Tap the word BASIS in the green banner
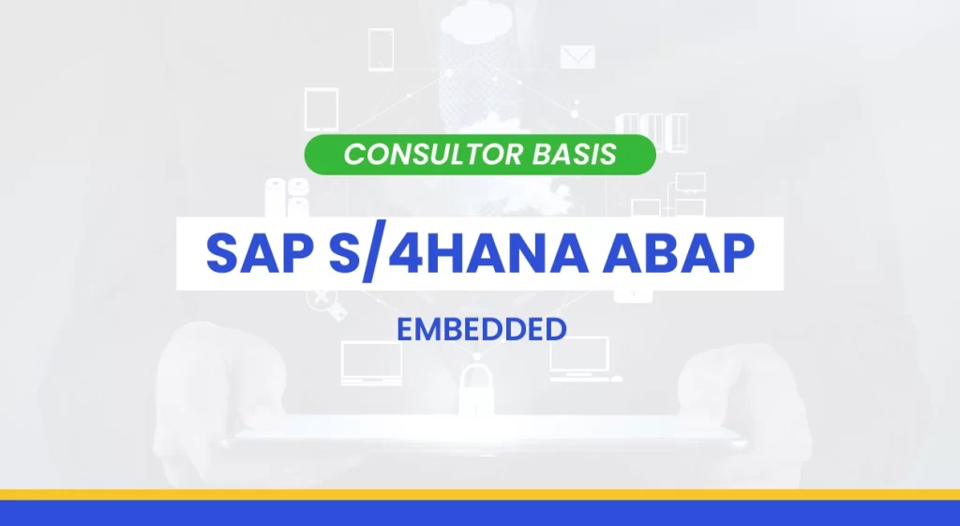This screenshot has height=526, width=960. coord(575,155)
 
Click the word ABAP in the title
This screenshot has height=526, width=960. coord(678,253)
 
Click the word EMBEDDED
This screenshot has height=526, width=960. coord(481,329)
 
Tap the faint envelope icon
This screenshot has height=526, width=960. coord(577,57)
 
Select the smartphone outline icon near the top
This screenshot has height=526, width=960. coord(381,50)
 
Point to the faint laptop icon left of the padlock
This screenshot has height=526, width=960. coord(371,364)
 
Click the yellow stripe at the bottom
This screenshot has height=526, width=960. coord(480,494)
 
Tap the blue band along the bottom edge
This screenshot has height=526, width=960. coord(480,513)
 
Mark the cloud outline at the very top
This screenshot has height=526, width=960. coord(475,19)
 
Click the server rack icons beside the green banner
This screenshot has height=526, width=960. coord(652,132)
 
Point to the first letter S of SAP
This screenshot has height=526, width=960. coord(225,253)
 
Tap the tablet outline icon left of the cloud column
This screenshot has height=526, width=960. coord(322,109)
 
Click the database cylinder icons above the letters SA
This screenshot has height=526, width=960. coord(287,197)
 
